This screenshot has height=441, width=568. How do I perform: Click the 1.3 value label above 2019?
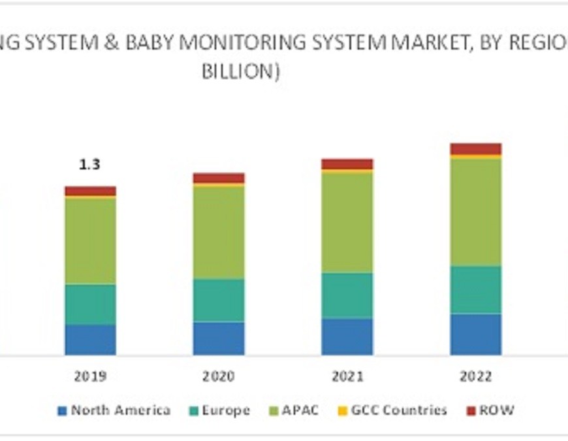click(x=90, y=165)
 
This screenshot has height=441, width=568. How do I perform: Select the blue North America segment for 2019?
click(x=90, y=340)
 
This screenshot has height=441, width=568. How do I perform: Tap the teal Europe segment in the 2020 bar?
click(x=219, y=300)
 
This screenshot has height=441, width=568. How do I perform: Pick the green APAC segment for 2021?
click(x=347, y=222)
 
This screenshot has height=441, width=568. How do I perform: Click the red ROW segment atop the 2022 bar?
click(x=476, y=149)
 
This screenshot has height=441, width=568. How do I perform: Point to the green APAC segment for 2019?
click(x=90, y=240)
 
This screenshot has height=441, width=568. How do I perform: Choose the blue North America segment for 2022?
click(x=476, y=334)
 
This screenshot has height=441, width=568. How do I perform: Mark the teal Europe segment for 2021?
click(x=347, y=295)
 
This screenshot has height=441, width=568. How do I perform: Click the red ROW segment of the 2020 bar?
click(x=219, y=178)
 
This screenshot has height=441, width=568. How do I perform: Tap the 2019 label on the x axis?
click(x=90, y=377)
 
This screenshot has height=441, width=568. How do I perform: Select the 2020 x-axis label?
click(x=219, y=377)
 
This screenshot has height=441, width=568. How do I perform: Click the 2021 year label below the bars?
click(x=347, y=377)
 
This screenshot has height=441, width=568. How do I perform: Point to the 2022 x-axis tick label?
click(x=476, y=377)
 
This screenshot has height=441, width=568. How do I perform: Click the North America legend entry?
click(x=114, y=410)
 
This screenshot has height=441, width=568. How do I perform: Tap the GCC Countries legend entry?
click(x=392, y=410)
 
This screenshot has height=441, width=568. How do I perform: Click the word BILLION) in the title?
click(x=241, y=72)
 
